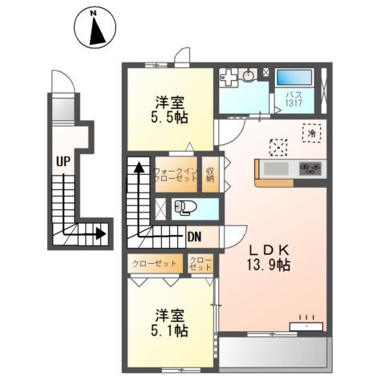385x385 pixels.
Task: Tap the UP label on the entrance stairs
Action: (62, 160)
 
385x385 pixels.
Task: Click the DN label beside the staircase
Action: (193, 236)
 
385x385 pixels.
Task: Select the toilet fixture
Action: (184, 208)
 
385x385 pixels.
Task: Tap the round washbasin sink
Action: (248, 76)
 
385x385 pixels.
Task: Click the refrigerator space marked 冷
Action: (310, 134)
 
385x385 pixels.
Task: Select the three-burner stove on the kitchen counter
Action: (310, 168)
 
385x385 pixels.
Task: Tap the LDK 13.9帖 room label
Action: (268, 257)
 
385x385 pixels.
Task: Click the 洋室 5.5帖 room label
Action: (171, 109)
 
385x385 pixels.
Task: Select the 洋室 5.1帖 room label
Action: (170, 322)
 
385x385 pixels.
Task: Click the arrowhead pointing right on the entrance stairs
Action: (101, 235)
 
